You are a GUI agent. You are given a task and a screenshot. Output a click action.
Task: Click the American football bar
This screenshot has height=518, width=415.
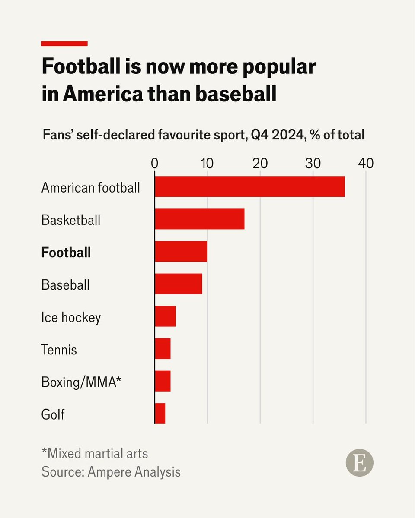tap(250, 186)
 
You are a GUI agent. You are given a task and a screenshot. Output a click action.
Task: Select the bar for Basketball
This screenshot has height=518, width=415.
tap(200, 219)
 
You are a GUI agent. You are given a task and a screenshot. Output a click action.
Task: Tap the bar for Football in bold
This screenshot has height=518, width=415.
tap(181, 251)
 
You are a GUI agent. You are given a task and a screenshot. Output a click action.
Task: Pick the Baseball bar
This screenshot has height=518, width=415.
tap(179, 284)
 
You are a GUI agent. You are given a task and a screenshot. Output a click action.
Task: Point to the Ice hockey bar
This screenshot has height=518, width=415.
tap(165, 316)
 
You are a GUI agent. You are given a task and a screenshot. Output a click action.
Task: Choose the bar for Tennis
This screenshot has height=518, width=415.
tap(163, 349)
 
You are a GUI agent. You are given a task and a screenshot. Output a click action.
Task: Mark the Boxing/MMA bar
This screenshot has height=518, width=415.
tap(163, 381)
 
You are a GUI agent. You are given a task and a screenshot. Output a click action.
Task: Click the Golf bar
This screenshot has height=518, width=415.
tap(160, 414)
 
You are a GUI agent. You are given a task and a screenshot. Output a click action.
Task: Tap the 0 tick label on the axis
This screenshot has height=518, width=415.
tap(155, 164)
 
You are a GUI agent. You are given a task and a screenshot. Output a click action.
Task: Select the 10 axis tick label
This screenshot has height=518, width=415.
tap(207, 164)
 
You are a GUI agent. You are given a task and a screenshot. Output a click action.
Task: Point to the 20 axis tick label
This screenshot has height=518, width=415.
tap(260, 164)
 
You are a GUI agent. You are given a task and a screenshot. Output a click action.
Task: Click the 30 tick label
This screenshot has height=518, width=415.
tap(313, 164)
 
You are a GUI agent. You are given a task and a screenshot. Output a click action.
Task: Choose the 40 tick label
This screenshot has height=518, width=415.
tap(365, 164)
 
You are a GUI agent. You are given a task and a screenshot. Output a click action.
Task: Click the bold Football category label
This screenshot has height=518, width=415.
tap(66, 252)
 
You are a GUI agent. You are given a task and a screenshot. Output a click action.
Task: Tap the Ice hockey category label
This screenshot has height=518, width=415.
tap(71, 317)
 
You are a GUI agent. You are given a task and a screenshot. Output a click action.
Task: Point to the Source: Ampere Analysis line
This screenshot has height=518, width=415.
tap(111, 471)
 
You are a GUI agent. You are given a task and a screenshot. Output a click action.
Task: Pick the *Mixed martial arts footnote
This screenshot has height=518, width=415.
tap(95, 453)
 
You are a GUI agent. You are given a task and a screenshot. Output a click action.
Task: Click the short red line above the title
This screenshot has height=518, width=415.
tap(64, 44)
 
